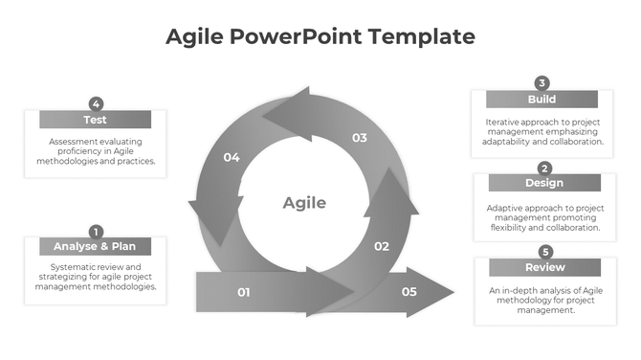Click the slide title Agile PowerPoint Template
point(320,37)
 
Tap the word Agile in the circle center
point(304,203)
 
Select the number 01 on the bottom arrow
point(243,292)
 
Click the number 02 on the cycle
point(381,246)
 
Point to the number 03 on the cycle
point(359,138)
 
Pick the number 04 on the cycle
point(232,157)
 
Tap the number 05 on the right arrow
point(409,291)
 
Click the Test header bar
point(95,120)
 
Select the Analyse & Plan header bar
point(95,246)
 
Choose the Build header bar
point(542,100)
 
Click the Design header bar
point(544,183)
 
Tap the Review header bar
point(544,267)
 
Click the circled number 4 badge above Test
point(96,103)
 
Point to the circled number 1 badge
point(96,231)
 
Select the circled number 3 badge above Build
point(542,83)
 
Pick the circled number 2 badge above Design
point(544,168)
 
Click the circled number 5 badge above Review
point(545,252)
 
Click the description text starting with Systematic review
point(95,276)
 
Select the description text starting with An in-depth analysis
point(544,300)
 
